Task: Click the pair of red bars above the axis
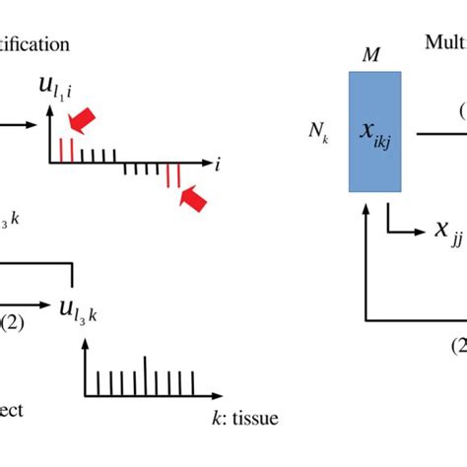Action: coord(66,149)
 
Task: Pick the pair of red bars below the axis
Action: coord(171,176)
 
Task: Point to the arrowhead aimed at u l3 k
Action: coord(50,304)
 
